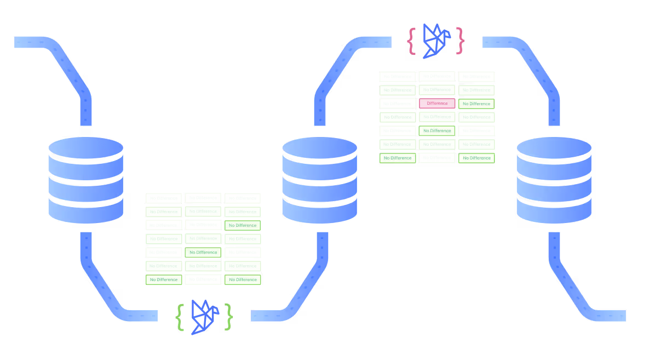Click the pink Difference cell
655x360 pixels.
tap(437, 103)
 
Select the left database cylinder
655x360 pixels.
tap(85, 180)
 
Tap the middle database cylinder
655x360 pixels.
tap(319, 180)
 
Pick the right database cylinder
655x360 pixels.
tap(554, 180)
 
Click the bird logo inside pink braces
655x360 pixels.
tap(436, 41)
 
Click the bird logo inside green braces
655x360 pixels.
tap(204, 317)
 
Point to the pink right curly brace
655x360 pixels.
tap(461, 41)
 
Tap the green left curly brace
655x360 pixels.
tap(180, 317)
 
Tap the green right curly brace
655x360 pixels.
tap(228, 317)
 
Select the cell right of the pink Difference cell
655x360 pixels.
tap(476, 104)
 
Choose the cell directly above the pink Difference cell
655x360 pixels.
tap(437, 90)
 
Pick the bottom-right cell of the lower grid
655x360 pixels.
tap(243, 279)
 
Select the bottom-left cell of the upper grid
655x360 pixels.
tap(397, 158)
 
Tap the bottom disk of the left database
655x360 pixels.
tap(85, 211)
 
